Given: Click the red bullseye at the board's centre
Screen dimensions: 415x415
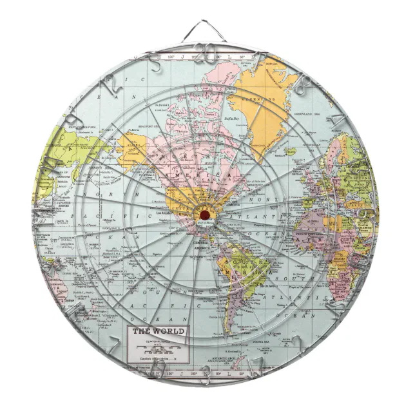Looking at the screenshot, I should click(204, 214).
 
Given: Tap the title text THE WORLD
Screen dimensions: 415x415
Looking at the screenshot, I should click(158, 331).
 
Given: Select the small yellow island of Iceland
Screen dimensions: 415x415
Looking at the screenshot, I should click(292, 152).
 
